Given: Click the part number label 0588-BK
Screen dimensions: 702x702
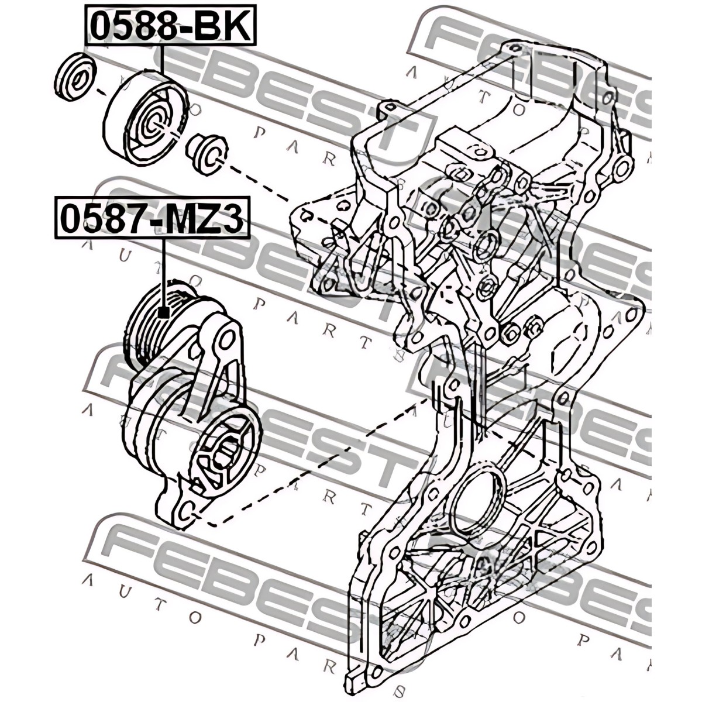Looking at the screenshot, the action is pos(170,25).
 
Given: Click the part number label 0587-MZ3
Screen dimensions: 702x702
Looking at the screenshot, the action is pos(152,218).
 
